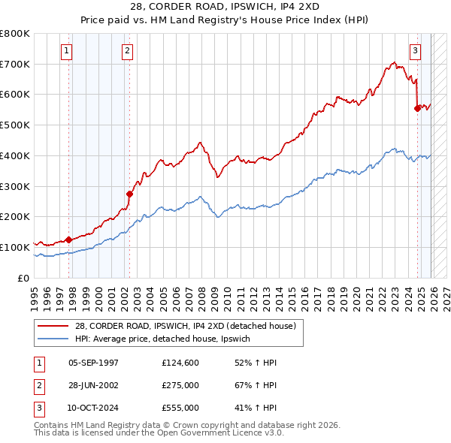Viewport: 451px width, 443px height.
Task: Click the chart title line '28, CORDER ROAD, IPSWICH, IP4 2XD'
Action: tap(225, 6)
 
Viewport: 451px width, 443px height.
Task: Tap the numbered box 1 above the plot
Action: tap(68, 51)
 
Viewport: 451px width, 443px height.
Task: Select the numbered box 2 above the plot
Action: tap(128, 51)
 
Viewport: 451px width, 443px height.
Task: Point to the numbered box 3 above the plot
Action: tap(415, 51)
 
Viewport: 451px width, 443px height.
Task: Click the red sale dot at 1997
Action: tap(68, 240)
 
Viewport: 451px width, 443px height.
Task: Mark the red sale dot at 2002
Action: tap(129, 194)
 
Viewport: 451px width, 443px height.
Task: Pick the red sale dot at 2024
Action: tap(417, 108)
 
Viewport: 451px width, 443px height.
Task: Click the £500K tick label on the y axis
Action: tap(15, 125)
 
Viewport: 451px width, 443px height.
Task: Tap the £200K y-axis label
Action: tap(15, 217)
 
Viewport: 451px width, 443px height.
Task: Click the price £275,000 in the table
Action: tap(180, 385)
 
